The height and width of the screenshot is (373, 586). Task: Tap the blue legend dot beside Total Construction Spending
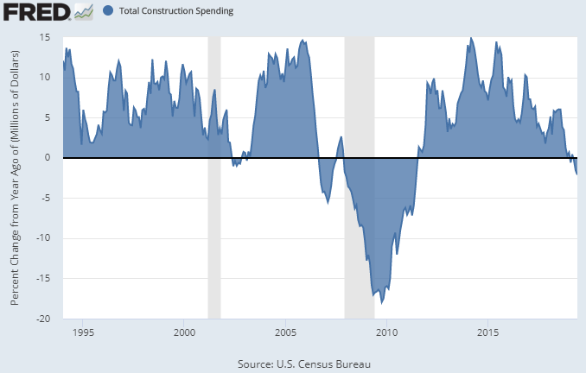[108, 12]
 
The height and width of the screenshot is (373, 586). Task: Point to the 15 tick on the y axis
[44, 37]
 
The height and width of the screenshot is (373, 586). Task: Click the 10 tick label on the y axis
[44, 77]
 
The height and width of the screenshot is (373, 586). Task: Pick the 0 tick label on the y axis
[48, 157]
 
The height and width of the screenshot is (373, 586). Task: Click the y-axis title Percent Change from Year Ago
[15, 178]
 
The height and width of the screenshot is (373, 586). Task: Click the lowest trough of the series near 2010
[382, 303]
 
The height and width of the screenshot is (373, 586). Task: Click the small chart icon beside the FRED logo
[84, 11]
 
